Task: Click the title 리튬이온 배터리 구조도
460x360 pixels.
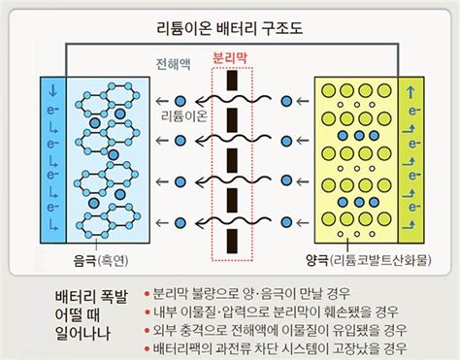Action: [229, 28]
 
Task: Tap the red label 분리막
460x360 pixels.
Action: [230, 58]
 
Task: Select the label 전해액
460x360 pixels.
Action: [173, 64]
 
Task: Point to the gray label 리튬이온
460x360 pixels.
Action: [184, 115]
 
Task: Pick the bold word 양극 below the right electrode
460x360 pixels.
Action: [317, 260]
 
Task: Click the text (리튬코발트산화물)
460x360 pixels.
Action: [380, 260]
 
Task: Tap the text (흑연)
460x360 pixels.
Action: [113, 260]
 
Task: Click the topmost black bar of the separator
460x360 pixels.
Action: [232, 81]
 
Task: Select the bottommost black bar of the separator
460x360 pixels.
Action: [232, 241]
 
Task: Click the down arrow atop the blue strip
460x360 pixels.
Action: [52, 91]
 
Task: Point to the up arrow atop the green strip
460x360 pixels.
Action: [411, 92]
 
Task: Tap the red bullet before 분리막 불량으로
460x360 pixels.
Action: [148, 294]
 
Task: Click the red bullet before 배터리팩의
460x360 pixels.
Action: [148, 348]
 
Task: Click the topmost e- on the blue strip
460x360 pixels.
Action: [53, 111]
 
